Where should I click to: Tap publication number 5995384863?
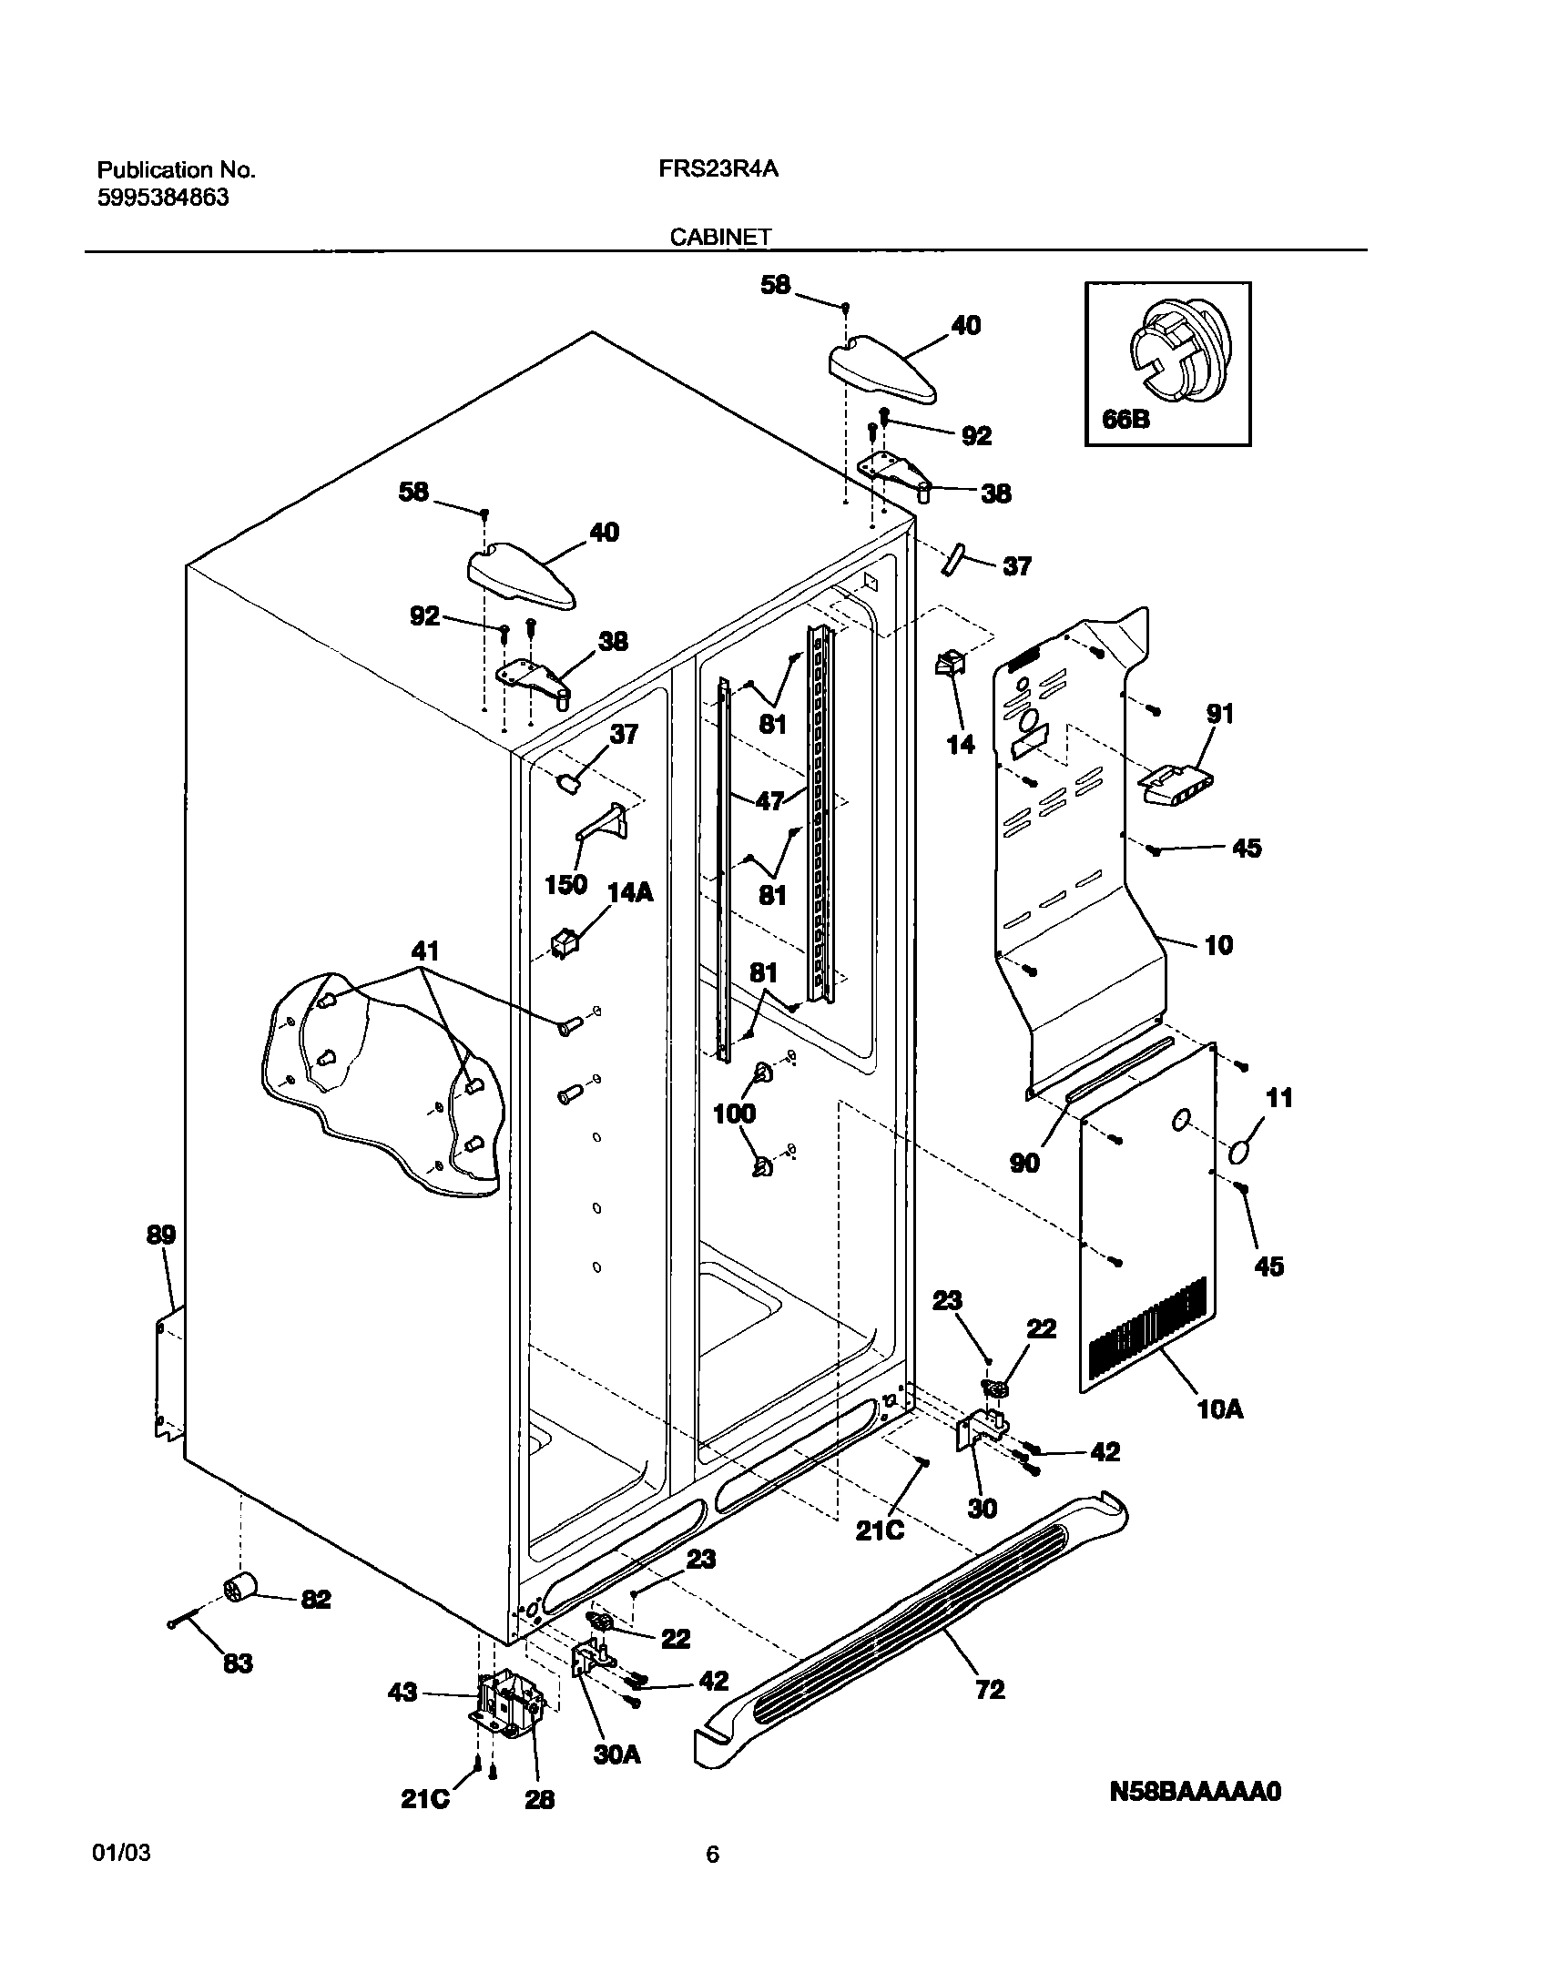coord(162,198)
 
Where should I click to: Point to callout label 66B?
coord(1125,421)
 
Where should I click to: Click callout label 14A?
coord(630,892)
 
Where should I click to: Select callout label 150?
coord(565,884)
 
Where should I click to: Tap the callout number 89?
coord(162,1236)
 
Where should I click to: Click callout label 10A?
coord(1220,1409)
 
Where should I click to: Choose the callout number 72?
coord(989,1690)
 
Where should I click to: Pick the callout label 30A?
coord(616,1754)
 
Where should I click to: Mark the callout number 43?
coord(402,1692)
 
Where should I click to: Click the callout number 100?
coord(734,1113)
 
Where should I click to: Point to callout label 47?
coord(769,801)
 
